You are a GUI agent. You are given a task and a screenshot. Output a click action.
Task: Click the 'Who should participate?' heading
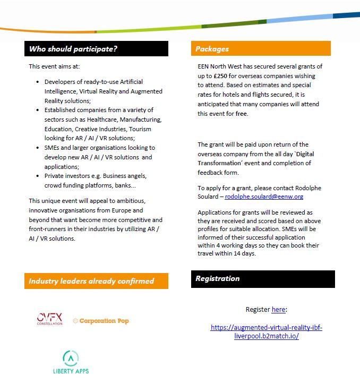coord(73,49)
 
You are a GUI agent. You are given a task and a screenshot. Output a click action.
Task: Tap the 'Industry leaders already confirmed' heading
coord(91,281)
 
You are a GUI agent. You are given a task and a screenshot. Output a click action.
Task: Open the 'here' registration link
coord(278,309)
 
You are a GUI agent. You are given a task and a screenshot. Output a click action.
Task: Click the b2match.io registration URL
coord(266,332)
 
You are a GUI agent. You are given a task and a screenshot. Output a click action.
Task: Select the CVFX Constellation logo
coord(49,319)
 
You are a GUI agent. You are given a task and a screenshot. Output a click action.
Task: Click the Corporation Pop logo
coord(101,321)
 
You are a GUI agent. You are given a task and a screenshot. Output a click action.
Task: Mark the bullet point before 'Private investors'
coord(37,175)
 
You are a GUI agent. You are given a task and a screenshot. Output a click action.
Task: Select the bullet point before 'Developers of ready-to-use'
coord(37,82)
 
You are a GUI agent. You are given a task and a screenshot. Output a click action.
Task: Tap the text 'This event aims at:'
coord(54,66)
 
